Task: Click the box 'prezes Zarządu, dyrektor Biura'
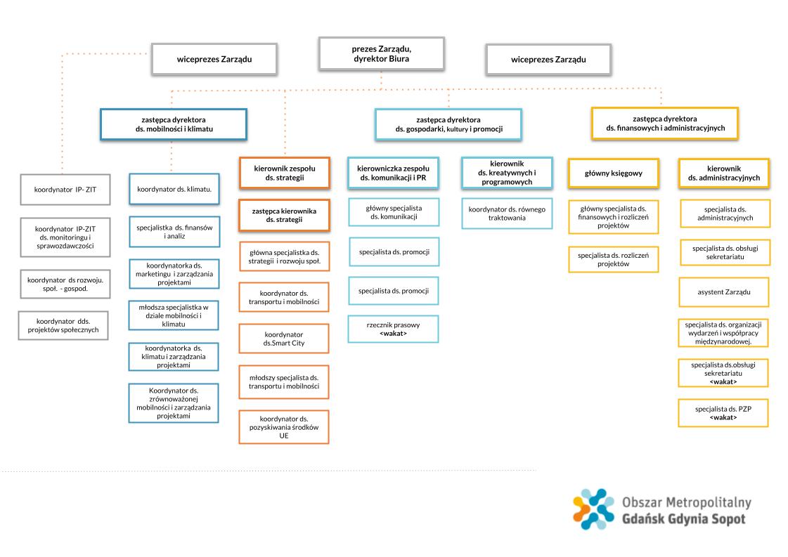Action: click(x=382, y=54)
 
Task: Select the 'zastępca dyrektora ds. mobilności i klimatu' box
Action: click(x=174, y=124)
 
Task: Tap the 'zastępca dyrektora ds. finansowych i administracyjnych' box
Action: click(x=665, y=123)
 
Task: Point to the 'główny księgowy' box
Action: click(x=614, y=173)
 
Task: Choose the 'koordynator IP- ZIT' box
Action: click(x=65, y=190)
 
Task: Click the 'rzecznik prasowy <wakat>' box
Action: click(x=393, y=329)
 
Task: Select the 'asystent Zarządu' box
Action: click(x=723, y=291)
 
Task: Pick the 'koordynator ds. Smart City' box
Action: click(x=284, y=339)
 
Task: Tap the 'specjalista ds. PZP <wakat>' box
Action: click(x=723, y=413)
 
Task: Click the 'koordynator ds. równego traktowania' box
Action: click(x=507, y=214)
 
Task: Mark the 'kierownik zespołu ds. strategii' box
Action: click(x=285, y=173)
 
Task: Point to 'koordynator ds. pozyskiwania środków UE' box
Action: click(x=284, y=427)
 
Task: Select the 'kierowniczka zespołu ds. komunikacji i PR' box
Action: click(x=393, y=173)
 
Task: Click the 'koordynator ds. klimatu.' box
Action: click(x=174, y=189)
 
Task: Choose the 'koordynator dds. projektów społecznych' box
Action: click(x=63, y=325)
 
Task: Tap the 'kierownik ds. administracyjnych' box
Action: click(x=723, y=173)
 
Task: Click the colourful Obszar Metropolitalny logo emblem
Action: click(x=593, y=509)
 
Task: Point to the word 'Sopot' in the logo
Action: click(x=727, y=519)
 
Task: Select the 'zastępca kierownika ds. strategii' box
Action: click(x=285, y=216)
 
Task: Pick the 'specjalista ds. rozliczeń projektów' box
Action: click(x=614, y=259)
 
